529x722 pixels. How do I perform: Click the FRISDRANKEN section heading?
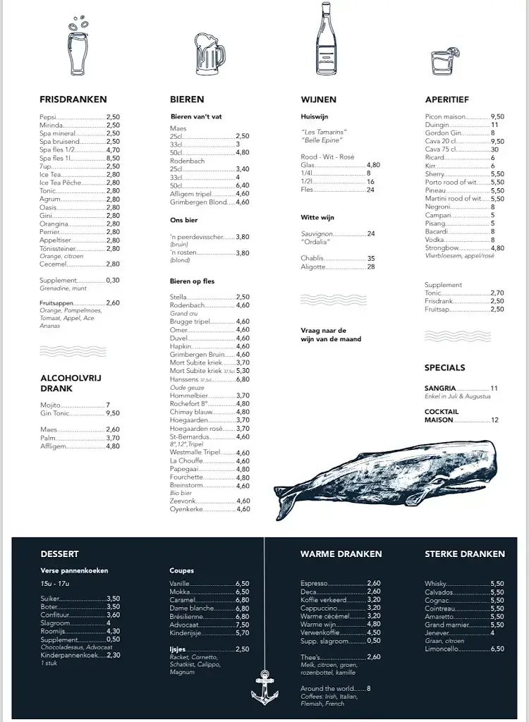pos(73,99)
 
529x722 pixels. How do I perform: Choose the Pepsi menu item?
pos(48,117)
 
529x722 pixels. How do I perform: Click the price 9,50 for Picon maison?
pos(497,117)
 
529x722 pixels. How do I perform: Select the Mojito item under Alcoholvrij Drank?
pos(50,405)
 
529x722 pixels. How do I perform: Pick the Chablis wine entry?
pos(312,258)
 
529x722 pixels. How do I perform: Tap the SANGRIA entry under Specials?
pos(440,388)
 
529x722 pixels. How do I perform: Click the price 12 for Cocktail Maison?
pos(494,420)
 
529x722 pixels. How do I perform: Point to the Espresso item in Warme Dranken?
pos(314,583)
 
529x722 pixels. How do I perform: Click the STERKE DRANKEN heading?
pos(464,554)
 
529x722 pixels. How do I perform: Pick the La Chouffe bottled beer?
pos(185,460)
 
